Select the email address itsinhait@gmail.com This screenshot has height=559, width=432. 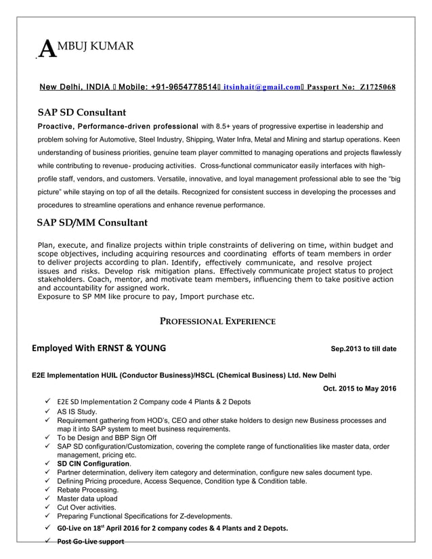(261, 87)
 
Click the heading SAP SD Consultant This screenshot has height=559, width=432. (81, 112)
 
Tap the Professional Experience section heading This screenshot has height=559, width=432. (217, 321)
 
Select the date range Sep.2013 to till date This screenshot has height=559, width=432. (363, 349)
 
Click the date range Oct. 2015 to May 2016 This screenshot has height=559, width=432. (360, 388)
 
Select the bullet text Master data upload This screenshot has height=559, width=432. (87, 498)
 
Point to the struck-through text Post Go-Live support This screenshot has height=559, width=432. (91, 541)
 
